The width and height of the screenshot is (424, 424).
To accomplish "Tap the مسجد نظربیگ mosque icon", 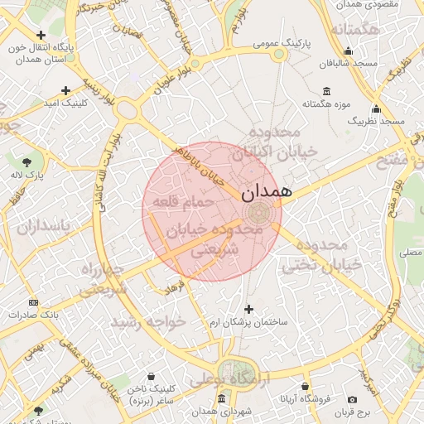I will click(x=377, y=108).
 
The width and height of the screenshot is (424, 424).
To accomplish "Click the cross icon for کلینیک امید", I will click(x=66, y=90).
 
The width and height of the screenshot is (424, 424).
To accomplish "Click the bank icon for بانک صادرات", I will click(x=33, y=302).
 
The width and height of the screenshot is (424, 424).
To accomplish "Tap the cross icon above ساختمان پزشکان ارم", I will click(x=248, y=309).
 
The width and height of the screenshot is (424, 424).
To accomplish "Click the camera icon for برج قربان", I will click(x=353, y=400).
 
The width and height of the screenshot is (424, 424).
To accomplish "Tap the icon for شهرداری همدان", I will click(x=221, y=399).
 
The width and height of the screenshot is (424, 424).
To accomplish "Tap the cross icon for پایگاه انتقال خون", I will click(x=41, y=35).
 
